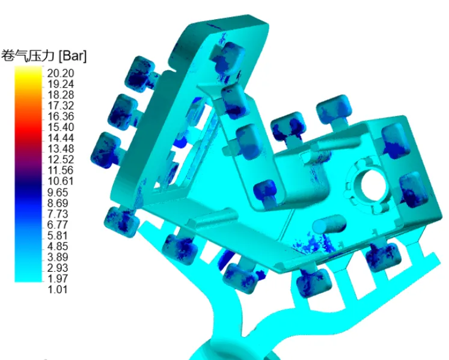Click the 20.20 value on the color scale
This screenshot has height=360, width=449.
(x=61, y=73)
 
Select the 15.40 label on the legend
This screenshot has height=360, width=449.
(x=61, y=127)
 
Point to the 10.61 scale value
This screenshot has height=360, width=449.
(x=61, y=181)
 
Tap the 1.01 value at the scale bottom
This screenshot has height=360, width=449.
(x=58, y=289)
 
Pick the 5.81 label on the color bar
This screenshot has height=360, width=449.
(x=58, y=236)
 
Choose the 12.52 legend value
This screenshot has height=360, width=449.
(x=61, y=159)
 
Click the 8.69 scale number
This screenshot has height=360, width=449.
(x=58, y=203)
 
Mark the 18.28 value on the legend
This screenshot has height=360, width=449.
(x=61, y=95)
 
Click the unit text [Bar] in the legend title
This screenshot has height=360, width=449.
(x=72, y=55)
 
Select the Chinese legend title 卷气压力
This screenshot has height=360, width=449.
(x=28, y=55)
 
